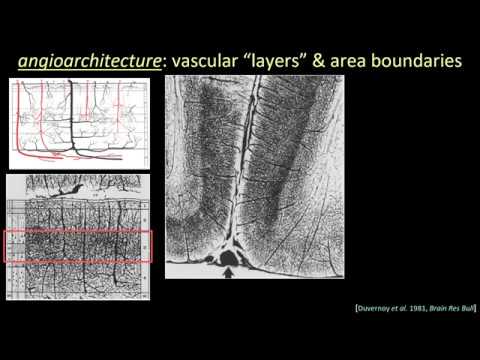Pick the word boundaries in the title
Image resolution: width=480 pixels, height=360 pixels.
[427, 61]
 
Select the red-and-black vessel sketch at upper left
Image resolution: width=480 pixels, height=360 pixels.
[79, 123]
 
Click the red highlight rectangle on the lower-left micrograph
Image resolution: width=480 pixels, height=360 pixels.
[78, 246]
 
